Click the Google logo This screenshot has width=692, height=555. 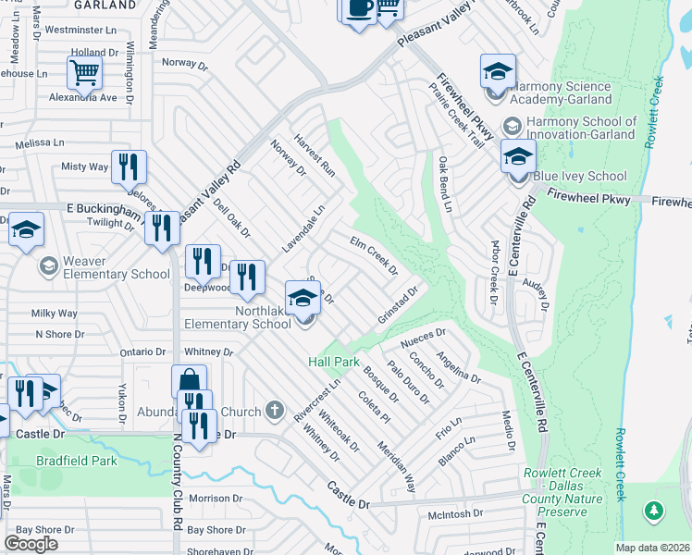(x=31, y=544)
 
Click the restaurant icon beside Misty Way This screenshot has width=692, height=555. (x=128, y=166)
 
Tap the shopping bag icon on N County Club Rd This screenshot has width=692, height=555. (x=188, y=380)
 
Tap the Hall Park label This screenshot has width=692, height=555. (x=333, y=362)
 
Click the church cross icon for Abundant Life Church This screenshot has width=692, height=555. (x=274, y=410)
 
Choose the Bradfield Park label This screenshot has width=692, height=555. (x=77, y=460)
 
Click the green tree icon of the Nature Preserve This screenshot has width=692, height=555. (x=654, y=511)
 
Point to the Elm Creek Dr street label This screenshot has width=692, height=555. (x=373, y=256)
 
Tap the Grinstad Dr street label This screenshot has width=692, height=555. (x=399, y=304)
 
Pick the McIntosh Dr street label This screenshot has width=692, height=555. (x=455, y=512)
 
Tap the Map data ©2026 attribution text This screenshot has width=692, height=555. (x=651, y=548)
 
